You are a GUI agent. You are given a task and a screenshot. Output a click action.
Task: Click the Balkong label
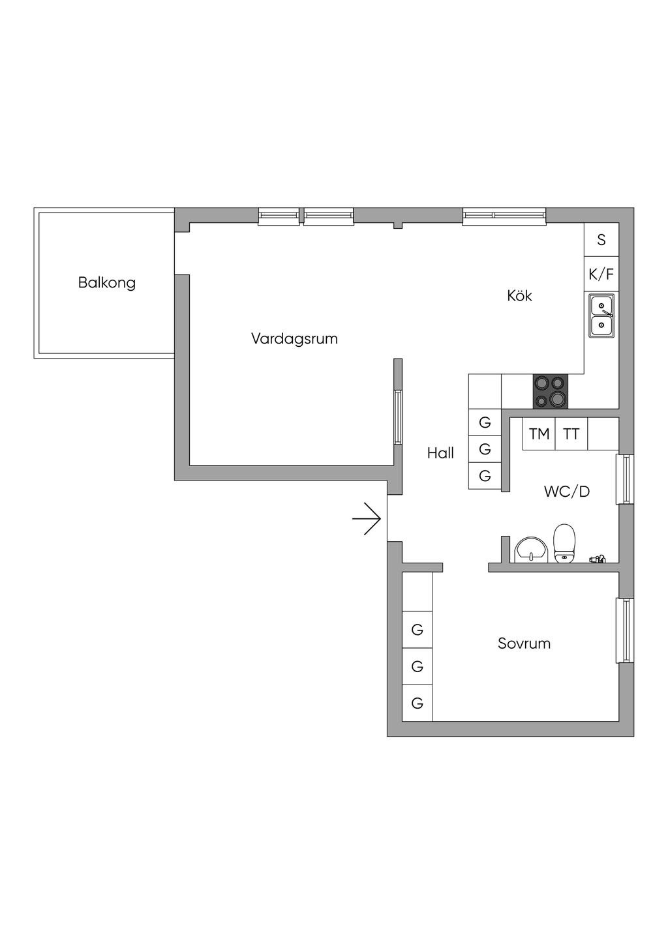click(x=107, y=283)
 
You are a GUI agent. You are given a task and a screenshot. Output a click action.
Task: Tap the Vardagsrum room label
click(x=294, y=339)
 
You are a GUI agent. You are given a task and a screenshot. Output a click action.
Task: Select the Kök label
click(x=519, y=295)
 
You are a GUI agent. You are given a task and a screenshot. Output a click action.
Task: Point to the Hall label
click(x=440, y=453)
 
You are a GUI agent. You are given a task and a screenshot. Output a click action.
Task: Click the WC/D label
click(x=567, y=492)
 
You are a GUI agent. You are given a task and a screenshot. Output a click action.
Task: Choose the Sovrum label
click(x=524, y=643)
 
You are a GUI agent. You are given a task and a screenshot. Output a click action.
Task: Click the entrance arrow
click(x=367, y=519)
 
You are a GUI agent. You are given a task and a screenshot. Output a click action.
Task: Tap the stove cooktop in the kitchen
click(x=551, y=392)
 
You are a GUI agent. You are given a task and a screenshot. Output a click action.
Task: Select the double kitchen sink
click(x=601, y=316)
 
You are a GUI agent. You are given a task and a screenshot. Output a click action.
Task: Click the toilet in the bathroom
click(x=564, y=544)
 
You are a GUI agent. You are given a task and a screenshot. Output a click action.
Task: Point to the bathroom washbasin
click(x=531, y=550)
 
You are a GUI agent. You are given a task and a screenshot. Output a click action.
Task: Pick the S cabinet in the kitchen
click(x=601, y=239)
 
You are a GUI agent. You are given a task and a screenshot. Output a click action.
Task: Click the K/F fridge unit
click(x=601, y=274)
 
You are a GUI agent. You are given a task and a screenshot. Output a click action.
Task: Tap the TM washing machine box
click(x=539, y=434)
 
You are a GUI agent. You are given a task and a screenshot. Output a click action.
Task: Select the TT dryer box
click(x=571, y=434)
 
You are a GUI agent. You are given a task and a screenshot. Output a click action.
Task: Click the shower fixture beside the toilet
click(x=597, y=559)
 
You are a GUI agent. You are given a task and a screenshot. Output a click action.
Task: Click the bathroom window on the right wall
click(x=625, y=479)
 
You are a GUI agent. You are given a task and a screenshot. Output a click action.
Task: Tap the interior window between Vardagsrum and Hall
click(x=398, y=417)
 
